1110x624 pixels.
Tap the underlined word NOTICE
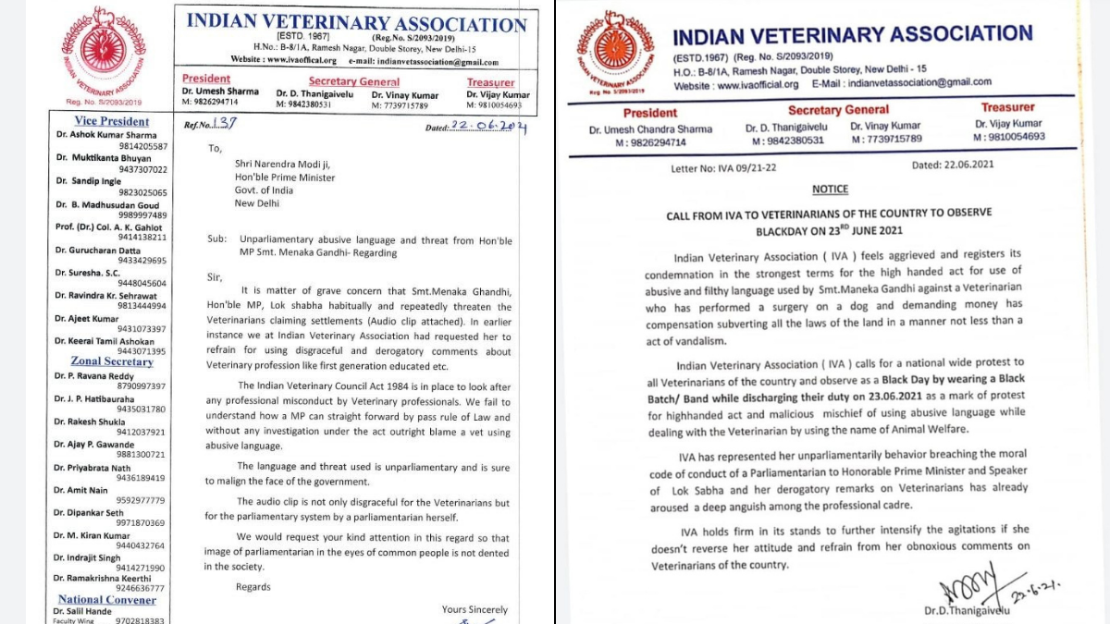click(x=830, y=190)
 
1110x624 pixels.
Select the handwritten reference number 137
click(x=225, y=124)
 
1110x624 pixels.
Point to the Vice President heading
click(x=111, y=121)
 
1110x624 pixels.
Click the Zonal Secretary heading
click(x=112, y=361)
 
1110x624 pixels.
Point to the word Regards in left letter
click(x=253, y=587)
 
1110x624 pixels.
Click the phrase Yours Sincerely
click(x=475, y=609)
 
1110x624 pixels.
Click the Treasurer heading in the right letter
click(x=1007, y=107)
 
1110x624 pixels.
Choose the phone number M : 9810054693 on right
click(x=1008, y=137)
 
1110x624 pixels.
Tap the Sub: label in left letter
click(x=218, y=239)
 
